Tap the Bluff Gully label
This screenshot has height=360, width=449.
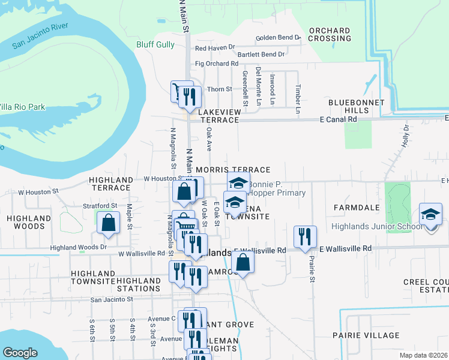155,45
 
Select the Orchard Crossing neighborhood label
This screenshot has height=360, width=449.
330,34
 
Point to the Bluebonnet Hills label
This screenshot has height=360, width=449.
357,107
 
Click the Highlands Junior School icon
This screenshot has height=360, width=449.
430,215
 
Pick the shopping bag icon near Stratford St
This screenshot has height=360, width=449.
108,223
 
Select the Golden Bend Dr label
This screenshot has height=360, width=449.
277,38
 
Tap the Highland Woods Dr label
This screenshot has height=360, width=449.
78,247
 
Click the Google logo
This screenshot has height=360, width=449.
20,353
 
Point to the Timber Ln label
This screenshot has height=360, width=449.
297,98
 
